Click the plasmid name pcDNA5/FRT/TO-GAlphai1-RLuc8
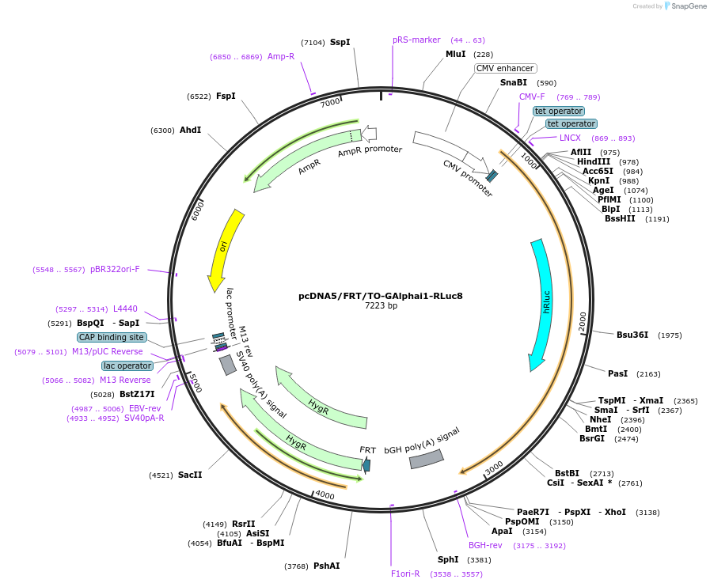coord(380,296)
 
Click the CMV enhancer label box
coord(505,68)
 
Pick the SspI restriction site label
coord(340,42)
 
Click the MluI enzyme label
coord(455,54)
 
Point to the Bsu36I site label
coord(632,335)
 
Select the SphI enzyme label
coord(448,560)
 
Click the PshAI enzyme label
coord(326,566)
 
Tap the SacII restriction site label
coord(190,475)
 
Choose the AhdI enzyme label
coord(190,130)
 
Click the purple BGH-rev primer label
coord(485,545)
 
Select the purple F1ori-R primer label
coord(405,574)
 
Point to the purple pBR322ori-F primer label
coord(115,269)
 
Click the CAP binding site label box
coord(112,337)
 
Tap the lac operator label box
coord(127,365)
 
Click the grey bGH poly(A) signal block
coord(426,458)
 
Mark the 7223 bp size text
coord(381,305)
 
